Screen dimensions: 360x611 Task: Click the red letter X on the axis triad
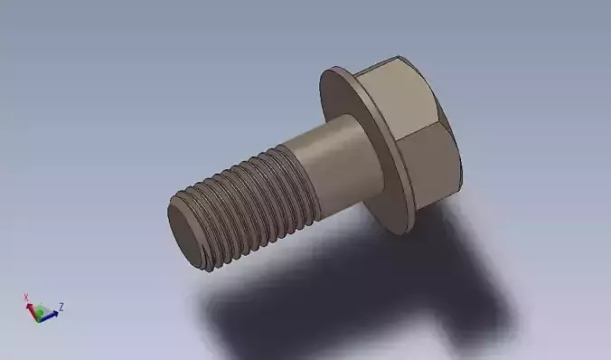pos(27,297)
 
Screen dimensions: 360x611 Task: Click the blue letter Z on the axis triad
pos(61,306)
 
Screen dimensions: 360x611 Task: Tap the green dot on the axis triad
pos(38,313)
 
